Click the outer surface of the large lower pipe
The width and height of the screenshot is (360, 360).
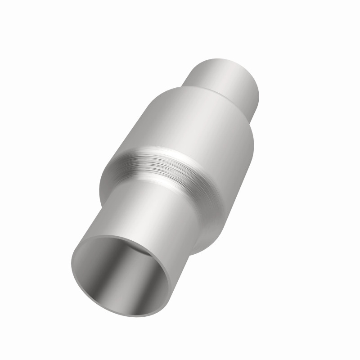point(148,211)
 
